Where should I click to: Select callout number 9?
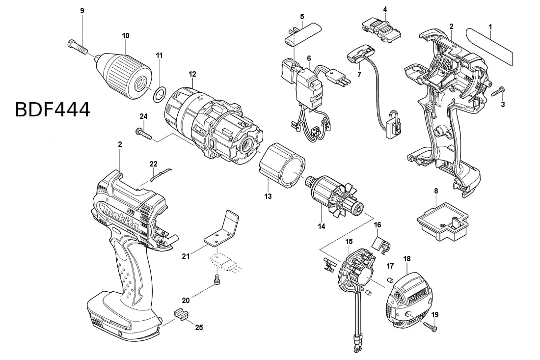coord(82,11)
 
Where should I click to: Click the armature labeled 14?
coord(335,199)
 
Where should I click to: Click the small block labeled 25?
coord(181,312)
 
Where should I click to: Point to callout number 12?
coord(192,74)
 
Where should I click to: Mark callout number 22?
coord(154,164)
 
